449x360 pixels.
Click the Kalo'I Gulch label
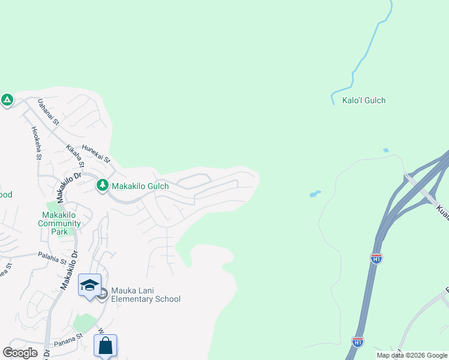point(363,100)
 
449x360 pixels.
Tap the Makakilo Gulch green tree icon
point(103,186)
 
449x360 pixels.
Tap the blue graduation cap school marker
point(89,285)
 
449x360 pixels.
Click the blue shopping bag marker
point(105,346)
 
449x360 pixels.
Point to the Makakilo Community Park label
point(59,223)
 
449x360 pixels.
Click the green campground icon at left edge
point(7,100)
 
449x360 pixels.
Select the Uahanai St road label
point(48,112)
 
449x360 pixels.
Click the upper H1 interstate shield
point(376,259)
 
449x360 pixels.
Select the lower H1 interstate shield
point(358,341)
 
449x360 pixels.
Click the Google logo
point(20,352)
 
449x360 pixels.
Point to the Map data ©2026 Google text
point(411,355)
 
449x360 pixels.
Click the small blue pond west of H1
point(315,194)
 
